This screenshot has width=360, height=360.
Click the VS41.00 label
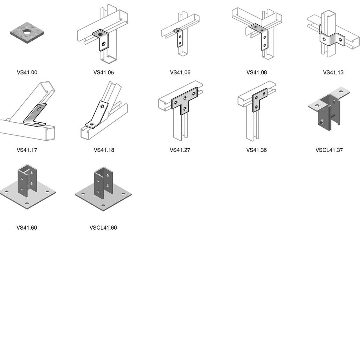click(x=27, y=72)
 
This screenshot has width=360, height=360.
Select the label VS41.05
click(x=104, y=72)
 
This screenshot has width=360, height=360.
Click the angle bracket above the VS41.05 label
click(x=101, y=39)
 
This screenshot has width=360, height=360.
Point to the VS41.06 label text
click(x=180, y=72)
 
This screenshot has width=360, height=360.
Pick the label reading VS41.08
click(x=257, y=72)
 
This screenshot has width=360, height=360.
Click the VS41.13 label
click(x=333, y=72)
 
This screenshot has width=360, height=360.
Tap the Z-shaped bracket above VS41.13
click(x=332, y=38)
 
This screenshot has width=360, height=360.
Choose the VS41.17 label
click(x=27, y=150)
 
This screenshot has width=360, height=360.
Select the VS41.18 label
click(x=104, y=150)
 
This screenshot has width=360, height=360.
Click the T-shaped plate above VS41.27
click(x=184, y=101)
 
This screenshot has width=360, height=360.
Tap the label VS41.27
click(x=180, y=150)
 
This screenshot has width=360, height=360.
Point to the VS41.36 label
click(x=257, y=150)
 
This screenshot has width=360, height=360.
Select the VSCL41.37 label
click(x=329, y=150)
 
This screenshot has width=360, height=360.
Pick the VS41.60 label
click(x=27, y=227)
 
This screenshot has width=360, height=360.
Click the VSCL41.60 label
click(x=103, y=227)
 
